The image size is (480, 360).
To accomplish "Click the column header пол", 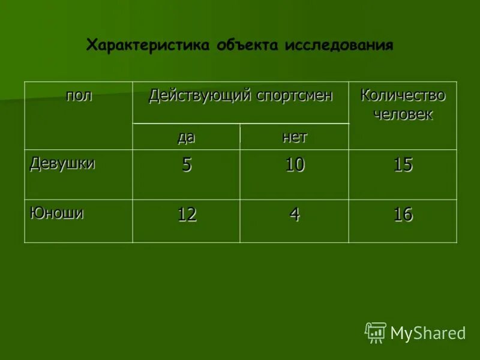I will pos(79,95).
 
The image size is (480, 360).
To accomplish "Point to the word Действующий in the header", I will pos(200,95).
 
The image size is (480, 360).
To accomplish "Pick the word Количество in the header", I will pos(403,95).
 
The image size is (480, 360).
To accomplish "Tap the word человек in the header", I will pos(403,114).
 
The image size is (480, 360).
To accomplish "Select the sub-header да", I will pos(186,137).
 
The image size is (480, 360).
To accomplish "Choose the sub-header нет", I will pos(294,137).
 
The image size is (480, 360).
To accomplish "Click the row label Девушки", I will pos(62,163).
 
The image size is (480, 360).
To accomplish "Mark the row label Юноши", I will pos(57,212).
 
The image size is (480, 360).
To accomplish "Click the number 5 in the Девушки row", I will pos(187,166).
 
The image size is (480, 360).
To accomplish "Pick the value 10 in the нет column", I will pos(295,166).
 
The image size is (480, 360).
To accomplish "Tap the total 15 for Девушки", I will pos(403,166).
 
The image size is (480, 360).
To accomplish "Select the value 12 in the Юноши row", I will pos(187,215).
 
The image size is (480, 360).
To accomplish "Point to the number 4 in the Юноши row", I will pos(295,215).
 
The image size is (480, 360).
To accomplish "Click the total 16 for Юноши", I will pos(403,215).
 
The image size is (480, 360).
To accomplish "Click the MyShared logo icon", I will pos(376,332).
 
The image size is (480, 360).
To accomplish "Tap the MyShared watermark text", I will pos(428,333).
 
